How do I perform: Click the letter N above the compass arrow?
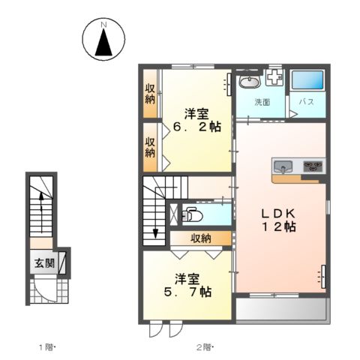[x=103, y=25]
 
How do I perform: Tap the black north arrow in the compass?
[x=103, y=42]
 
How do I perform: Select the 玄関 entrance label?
[x=44, y=263]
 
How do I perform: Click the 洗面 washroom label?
[x=262, y=102]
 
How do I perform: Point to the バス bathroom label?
[x=307, y=102]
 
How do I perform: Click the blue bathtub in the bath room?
[x=307, y=79]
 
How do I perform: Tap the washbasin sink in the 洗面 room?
[x=250, y=82]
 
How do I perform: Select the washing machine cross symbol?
[x=274, y=78]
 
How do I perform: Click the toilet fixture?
[x=192, y=214]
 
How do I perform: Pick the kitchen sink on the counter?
[x=283, y=166]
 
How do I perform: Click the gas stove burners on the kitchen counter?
[x=312, y=166]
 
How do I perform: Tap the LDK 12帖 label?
[x=278, y=220]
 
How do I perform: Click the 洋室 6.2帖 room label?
[x=197, y=121]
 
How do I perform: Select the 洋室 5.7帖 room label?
[x=187, y=285]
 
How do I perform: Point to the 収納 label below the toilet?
[x=201, y=238]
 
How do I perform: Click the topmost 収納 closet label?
[x=150, y=94]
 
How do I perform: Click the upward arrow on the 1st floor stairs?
[x=41, y=212]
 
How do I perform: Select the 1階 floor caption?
[x=46, y=347]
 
